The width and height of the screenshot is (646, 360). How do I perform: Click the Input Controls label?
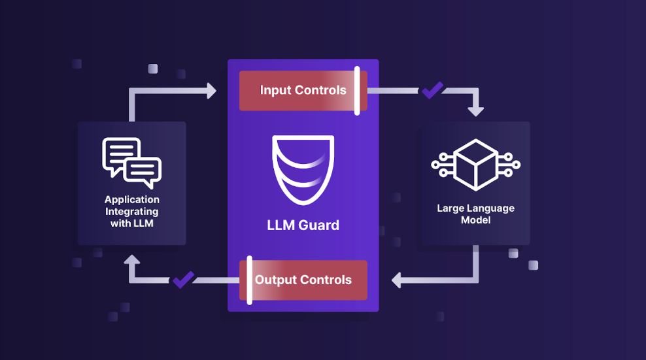click(x=303, y=90)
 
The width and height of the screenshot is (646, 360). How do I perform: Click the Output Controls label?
click(x=303, y=280)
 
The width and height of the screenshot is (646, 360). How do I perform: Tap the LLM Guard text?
click(x=303, y=225)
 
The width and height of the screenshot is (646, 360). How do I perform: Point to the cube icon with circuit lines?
click(x=475, y=165)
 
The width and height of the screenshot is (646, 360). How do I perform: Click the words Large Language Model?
click(x=475, y=214)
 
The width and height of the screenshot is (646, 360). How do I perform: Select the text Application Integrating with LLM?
click(x=131, y=211)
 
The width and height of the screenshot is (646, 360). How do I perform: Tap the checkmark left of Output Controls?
click(x=183, y=280)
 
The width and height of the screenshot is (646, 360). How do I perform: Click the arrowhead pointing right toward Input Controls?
click(x=211, y=90)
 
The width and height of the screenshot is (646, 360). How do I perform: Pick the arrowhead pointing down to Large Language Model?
click(x=475, y=110)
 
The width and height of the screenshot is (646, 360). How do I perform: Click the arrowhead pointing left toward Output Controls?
click(x=397, y=280)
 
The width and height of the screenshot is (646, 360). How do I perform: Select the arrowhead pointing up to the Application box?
click(x=132, y=261)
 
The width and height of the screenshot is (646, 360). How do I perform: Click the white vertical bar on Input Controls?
click(x=357, y=90)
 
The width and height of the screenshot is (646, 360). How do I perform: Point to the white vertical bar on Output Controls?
click(x=249, y=280)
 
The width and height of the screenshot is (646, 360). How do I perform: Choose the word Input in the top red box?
click(x=273, y=90)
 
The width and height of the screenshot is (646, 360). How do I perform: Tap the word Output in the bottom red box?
click(x=275, y=280)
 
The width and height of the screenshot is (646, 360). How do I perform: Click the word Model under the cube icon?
click(x=475, y=220)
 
